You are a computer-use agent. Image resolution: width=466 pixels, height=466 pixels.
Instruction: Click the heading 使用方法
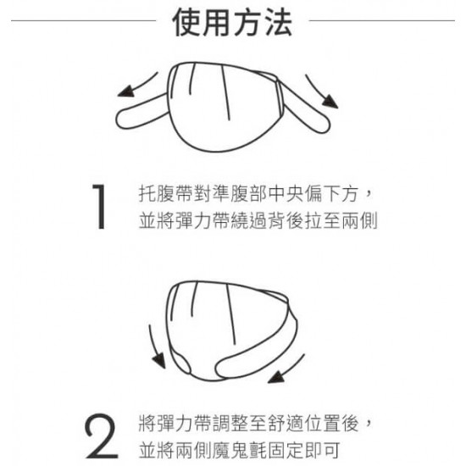pyautogui.click(x=232, y=21)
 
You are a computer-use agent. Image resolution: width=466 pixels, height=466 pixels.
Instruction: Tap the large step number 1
pyautogui.click(x=100, y=207)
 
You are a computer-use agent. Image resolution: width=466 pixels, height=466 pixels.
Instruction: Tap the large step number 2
pyautogui.click(x=102, y=436)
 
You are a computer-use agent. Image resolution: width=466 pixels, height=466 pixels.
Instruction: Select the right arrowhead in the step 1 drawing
pyautogui.click(x=330, y=101)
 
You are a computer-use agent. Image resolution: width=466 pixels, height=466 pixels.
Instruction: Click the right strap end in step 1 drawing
pyautogui.click(x=323, y=125)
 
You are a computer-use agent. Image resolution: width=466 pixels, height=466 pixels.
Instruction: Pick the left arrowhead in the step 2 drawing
pyautogui.click(x=159, y=360)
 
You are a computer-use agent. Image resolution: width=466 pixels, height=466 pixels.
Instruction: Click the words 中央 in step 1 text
pyautogui.click(x=286, y=194)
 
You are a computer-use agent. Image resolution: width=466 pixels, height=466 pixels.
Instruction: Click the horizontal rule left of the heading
pyautogui.click(x=84, y=21)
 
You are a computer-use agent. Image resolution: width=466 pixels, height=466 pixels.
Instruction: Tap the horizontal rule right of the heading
pyautogui.click(x=382, y=21)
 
